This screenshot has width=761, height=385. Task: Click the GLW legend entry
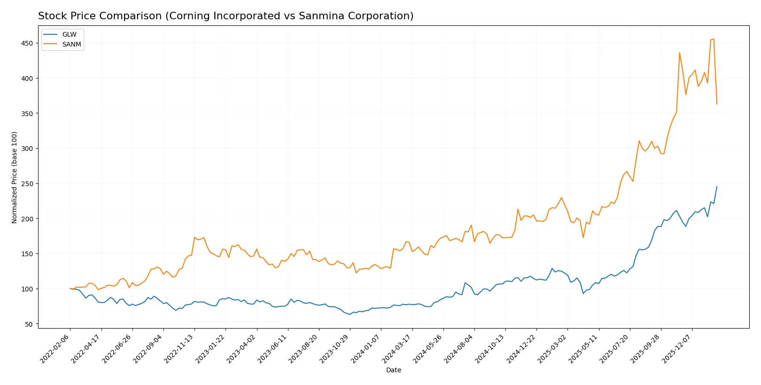tap(69, 35)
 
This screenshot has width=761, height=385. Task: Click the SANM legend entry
tap(71, 44)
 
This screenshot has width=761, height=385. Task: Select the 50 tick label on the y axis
tap(29, 324)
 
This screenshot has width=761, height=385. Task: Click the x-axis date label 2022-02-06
tap(55, 349)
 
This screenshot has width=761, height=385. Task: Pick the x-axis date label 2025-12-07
tap(677, 349)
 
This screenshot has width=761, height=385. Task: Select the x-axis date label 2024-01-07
tap(366, 349)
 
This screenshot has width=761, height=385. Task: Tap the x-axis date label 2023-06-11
tap(272, 349)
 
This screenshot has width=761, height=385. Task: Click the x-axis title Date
tap(393, 370)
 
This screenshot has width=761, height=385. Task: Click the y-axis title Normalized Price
tap(15, 177)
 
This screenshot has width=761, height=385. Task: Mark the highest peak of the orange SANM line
tap(714, 39)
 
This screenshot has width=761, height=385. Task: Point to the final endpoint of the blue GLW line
tap(717, 187)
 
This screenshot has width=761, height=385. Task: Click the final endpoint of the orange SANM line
tap(717, 104)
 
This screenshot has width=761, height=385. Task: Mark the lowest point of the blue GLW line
tap(350, 314)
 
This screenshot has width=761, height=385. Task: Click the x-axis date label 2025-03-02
tap(552, 349)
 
